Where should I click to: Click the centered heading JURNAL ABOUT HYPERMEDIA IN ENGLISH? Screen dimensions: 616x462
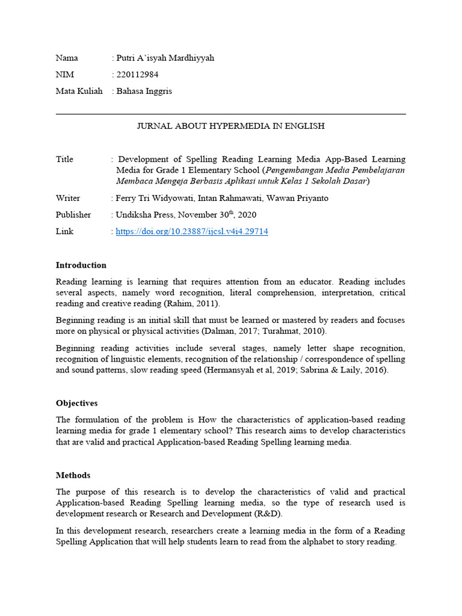coord(231,126)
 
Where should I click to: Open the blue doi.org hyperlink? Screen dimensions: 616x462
coord(192,231)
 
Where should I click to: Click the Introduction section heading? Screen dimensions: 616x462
coord(81,265)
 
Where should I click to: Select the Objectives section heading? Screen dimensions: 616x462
coord(76,403)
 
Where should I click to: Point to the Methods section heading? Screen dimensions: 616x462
coord(73,475)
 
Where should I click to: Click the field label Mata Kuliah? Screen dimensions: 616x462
coord(79,91)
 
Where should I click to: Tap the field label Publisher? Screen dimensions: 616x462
coord(73,215)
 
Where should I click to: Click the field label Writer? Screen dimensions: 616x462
coord(68,198)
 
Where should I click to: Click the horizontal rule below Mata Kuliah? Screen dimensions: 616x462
coord(231,114)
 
